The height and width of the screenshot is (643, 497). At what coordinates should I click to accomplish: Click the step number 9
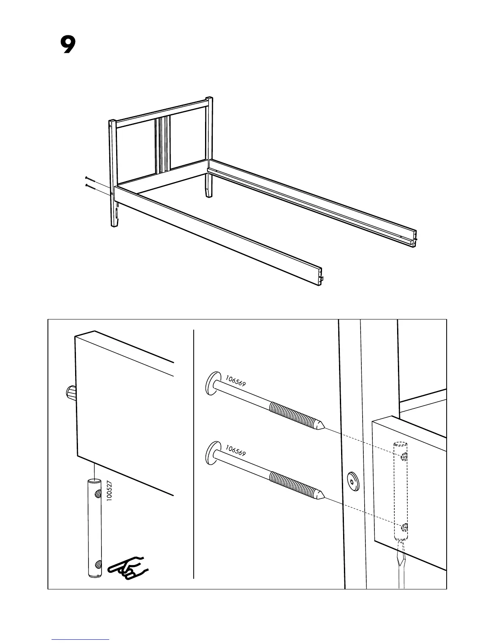click(x=68, y=45)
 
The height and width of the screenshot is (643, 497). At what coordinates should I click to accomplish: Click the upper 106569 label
click(x=236, y=381)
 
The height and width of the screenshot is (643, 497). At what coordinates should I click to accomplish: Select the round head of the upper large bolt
click(x=211, y=383)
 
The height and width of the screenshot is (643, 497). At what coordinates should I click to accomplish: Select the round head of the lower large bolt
click(x=211, y=453)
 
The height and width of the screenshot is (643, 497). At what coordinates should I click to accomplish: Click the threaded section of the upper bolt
click(x=292, y=414)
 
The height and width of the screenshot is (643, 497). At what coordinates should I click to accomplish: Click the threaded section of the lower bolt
click(x=292, y=483)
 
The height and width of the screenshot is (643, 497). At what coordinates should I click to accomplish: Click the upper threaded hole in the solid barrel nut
click(x=97, y=494)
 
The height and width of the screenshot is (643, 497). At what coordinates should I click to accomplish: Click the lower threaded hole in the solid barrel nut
click(x=97, y=564)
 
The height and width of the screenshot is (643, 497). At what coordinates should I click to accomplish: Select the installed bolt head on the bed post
click(x=352, y=481)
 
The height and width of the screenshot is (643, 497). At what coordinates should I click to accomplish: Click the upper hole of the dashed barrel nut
click(x=404, y=457)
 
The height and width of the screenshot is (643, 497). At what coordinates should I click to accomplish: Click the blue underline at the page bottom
click(x=80, y=639)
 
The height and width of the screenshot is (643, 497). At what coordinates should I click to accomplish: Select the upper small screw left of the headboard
click(x=91, y=179)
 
